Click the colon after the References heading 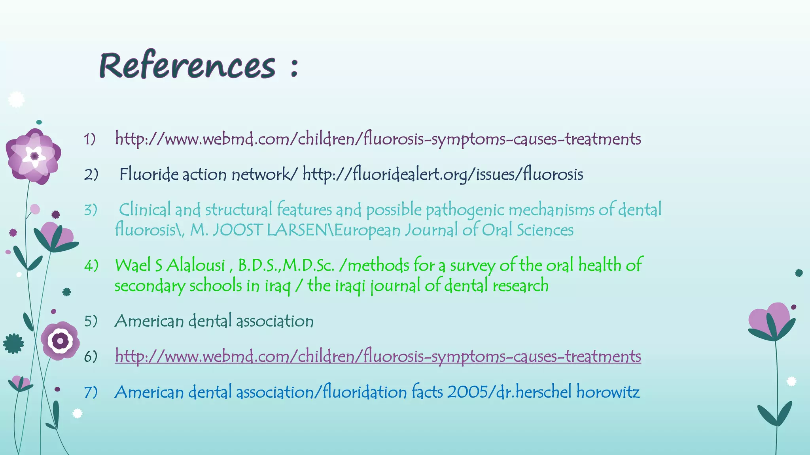293,67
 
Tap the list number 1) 90,139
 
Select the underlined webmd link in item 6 378,356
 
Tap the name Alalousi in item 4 196,265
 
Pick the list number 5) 91,321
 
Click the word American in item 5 149,321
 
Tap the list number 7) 91,392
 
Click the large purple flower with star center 34,156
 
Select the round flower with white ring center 60,340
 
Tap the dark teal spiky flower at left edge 13,344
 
